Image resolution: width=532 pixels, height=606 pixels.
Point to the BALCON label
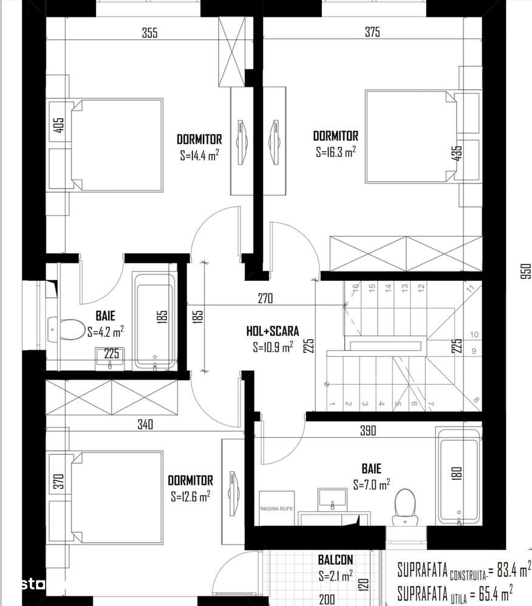click(x=335, y=560)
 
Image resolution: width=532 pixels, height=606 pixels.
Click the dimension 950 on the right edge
click(x=525, y=270)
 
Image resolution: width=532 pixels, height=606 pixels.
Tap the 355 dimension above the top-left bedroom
click(x=149, y=33)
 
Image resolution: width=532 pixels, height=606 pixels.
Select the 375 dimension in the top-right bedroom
click(x=372, y=33)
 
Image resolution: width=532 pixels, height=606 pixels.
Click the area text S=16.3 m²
click(x=335, y=152)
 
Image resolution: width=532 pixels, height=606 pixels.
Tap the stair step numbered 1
click(x=332, y=403)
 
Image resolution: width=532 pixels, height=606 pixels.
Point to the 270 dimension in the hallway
click(x=265, y=298)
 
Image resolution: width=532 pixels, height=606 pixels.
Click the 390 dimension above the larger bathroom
click(x=368, y=431)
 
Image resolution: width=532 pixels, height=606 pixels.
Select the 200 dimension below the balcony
click(x=327, y=599)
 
